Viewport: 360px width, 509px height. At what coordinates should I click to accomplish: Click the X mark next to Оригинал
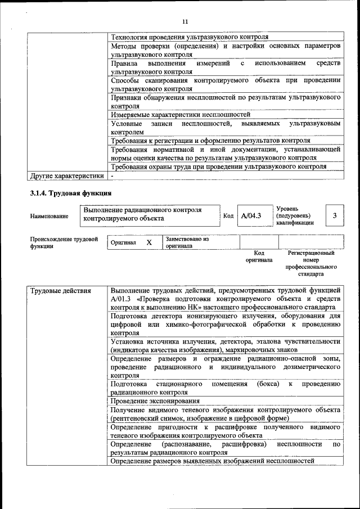(x=148, y=242)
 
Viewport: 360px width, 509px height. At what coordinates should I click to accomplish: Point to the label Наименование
(x=49, y=216)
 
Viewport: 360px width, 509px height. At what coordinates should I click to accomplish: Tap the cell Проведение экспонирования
(x=155, y=401)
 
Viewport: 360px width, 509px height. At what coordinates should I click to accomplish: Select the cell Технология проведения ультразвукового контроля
(x=189, y=36)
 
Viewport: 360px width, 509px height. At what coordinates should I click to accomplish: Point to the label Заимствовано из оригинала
(x=187, y=242)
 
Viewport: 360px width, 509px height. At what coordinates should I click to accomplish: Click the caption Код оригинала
(x=259, y=256)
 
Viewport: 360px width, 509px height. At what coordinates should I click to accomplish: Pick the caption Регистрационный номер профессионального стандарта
(x=310, y=264)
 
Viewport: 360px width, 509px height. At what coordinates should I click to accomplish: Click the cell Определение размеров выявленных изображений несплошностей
(x=211, y=461)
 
